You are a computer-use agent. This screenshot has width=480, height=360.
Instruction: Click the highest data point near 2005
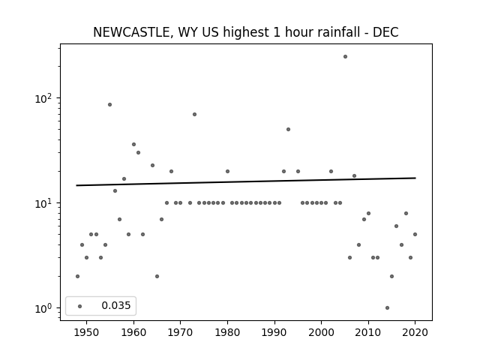point(345,57)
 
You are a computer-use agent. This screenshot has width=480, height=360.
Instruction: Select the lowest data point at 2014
point(387,308)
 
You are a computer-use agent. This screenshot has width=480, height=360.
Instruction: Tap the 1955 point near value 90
point(110,105)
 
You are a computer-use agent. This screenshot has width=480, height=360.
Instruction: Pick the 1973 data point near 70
point(194,115)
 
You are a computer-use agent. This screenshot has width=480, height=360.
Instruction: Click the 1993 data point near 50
point(288,130)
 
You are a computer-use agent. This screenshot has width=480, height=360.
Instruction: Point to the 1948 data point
point(77,277)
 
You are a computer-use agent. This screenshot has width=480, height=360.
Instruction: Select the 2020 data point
point(415,235)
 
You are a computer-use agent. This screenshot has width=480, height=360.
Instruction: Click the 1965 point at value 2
point(157,277)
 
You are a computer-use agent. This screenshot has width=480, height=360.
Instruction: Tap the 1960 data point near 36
point(133,145)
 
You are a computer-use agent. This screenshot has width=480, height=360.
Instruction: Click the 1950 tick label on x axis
point(87,332)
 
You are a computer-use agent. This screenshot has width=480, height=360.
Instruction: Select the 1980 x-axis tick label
point(227,332)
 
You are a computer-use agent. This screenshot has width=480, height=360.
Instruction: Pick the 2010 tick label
point(368,332)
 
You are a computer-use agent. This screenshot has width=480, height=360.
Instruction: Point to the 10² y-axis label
point(43,98)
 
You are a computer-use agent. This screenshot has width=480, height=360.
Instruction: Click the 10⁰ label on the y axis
point(43,308)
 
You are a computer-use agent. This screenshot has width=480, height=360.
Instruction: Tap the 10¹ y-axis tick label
point(43,203)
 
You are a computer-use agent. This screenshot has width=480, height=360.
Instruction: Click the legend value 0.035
point(116,305)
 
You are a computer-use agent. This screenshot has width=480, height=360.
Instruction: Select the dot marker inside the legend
point(80,306)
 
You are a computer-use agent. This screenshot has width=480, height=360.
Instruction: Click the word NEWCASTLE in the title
point(131,32)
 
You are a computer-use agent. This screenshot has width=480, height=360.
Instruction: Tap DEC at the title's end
point(385,32)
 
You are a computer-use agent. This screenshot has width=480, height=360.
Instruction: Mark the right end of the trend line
point(415,178)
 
